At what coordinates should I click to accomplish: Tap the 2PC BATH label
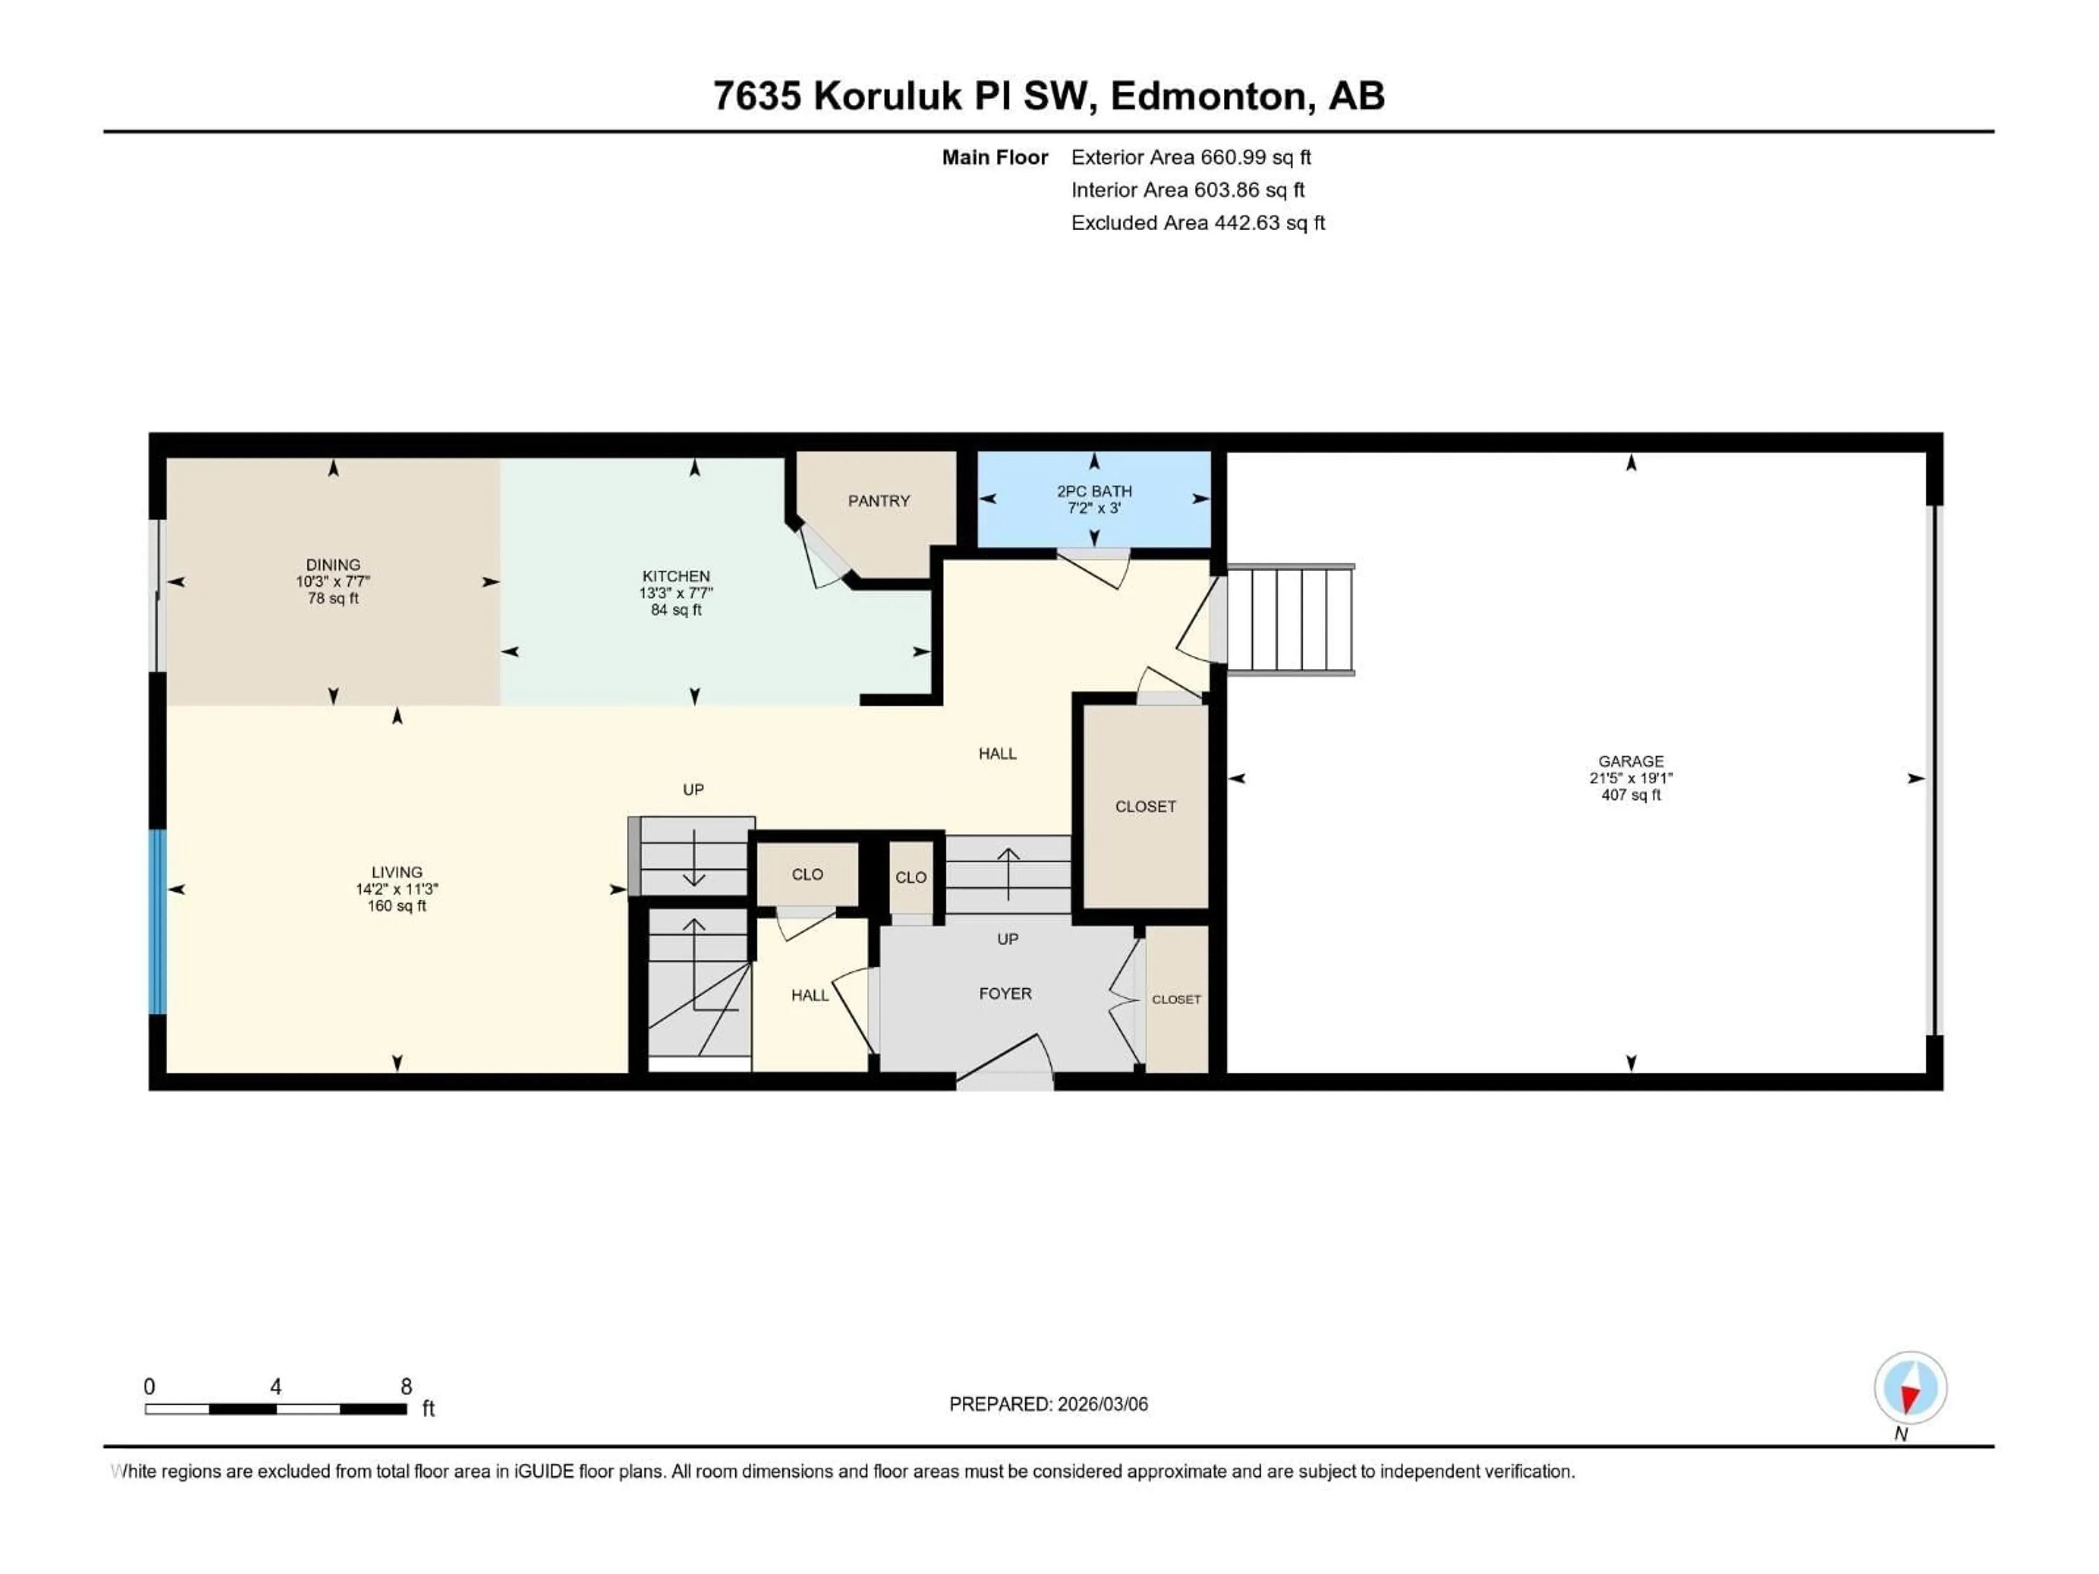[1094, 491]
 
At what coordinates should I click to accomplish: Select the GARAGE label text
[1630, 761]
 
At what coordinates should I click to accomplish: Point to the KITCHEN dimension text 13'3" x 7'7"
[676, 593]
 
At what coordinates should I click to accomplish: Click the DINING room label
[333, 565]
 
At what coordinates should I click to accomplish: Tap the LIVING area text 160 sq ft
[397, 906]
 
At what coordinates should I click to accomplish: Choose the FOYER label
[1005, 994]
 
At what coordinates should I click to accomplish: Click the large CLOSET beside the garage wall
[1145, 807]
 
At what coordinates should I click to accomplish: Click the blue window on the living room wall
[157, 922]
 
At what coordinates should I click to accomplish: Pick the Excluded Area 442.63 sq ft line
[1198, 223]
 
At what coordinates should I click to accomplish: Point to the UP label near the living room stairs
[693, 789]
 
